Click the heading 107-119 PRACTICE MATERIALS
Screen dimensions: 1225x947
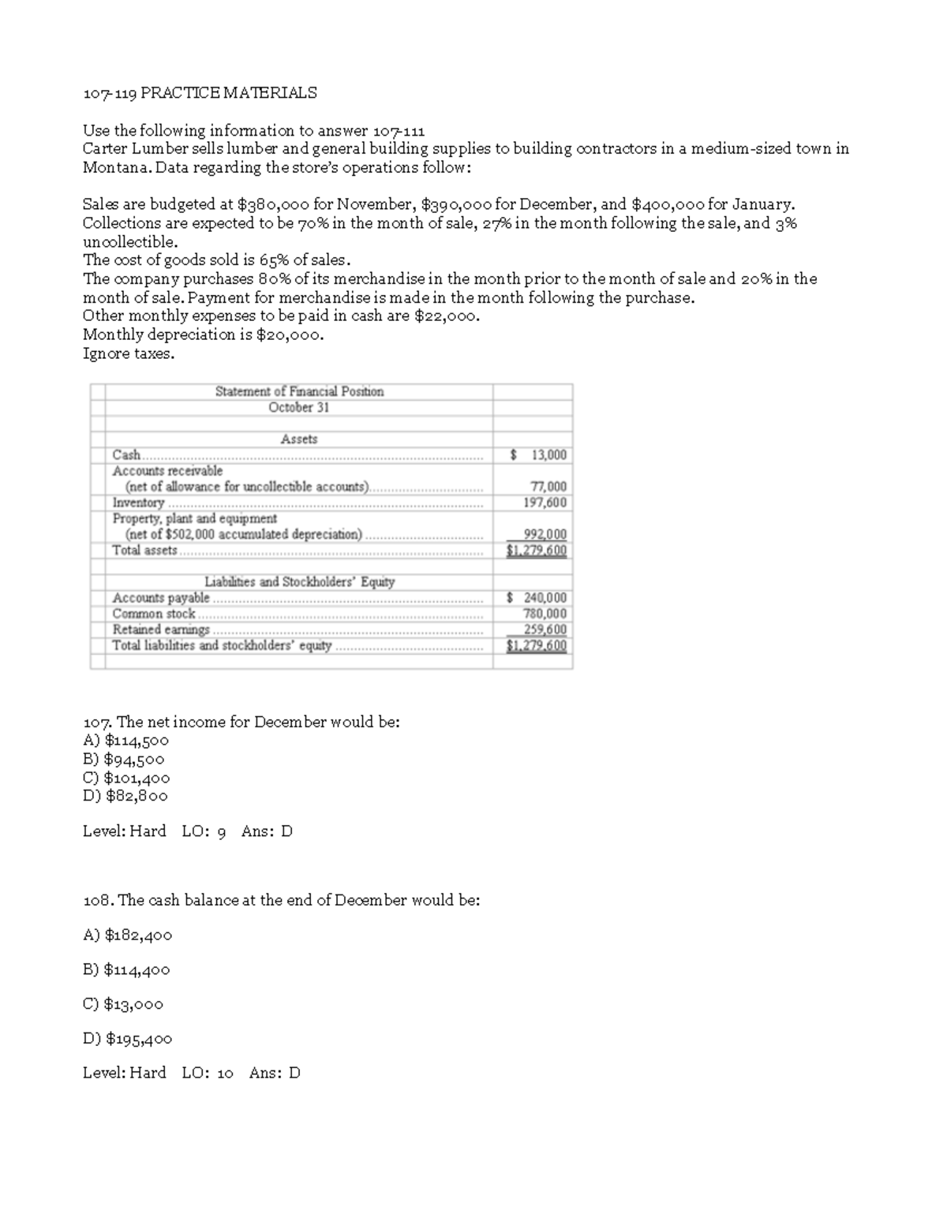pyautogui.click(x=200, y=93)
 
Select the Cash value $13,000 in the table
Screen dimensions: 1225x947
pyautogui.click(x=538, y=455)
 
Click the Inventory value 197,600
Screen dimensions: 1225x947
pyautogui.click(x=545, y=502)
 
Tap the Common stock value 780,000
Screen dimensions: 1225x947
pyautogui.click(x=545, y=614)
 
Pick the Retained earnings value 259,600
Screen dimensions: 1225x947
pyautogui.click(x=545, y=629)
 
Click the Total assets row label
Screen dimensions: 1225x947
pyautogui.click(x=145, y=551)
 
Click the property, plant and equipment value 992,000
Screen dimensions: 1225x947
pyautogui.click(x=545, y=534)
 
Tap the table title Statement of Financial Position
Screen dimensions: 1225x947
pyautogui.click(x=299, y=391)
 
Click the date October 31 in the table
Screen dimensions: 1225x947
pyautogui.click(x=299, y=407)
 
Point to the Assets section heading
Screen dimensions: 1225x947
pyautogui.click(x=299, y=439)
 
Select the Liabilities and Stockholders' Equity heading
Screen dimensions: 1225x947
pyautogui.click(x=299, y=582)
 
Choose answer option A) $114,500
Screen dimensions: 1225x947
pyautogui.click(x=125, y=741)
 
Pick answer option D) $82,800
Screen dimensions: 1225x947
pyautogui.click(x=125, y=796)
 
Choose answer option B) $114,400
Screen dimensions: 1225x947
pyautogui.click(x=126, y=969)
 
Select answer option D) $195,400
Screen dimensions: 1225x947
pyautogui.click(x=127, y=1039)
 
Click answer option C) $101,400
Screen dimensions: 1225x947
pyautogui.click(x=126, y=778)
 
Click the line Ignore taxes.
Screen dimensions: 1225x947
pyautogui.click(x=129, y=353)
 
